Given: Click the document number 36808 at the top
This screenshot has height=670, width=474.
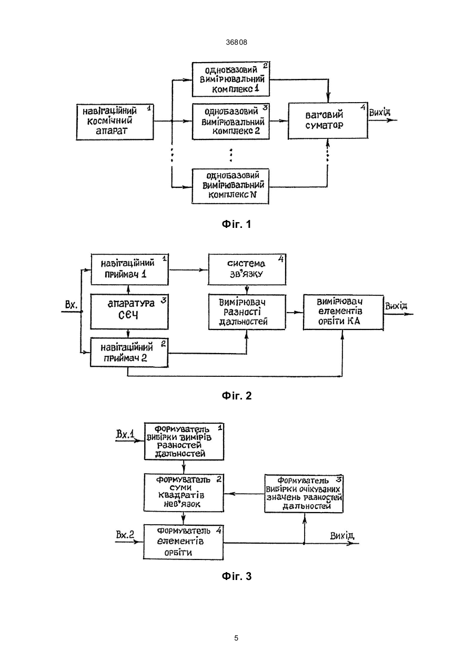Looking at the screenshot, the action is [236, 42].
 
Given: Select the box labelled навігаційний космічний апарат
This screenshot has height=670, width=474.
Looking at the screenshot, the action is [115, 122].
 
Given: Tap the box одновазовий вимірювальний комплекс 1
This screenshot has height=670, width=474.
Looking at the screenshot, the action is [230, 79].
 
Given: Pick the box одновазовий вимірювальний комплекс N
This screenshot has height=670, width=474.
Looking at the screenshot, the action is [230, 186].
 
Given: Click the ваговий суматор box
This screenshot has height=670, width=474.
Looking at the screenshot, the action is [328, 120].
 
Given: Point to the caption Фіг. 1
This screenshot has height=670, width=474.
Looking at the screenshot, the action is [236, 224].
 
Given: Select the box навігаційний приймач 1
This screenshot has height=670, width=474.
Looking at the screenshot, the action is [129, 269].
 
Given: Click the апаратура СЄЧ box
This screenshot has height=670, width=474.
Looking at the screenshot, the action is [129, 312].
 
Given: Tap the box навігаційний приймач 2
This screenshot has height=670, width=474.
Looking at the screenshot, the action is [129, 352].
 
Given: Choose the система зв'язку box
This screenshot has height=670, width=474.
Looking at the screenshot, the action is [247, 269].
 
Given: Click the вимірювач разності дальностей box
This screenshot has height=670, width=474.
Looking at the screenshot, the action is [247, 312].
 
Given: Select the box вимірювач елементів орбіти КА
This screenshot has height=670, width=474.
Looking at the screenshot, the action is [344, 312].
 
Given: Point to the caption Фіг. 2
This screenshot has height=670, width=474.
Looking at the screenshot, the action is [237, 396].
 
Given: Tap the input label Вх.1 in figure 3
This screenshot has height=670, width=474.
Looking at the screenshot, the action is [125, 434].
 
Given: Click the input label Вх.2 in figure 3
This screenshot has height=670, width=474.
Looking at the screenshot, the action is [125, 535].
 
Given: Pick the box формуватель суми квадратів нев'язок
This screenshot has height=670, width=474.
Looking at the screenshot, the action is [184, 492].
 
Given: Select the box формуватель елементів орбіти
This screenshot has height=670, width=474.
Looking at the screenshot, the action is [183, 542].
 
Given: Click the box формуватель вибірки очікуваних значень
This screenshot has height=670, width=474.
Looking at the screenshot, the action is [304, 494].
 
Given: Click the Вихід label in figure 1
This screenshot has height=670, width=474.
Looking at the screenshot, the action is [380, 113].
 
